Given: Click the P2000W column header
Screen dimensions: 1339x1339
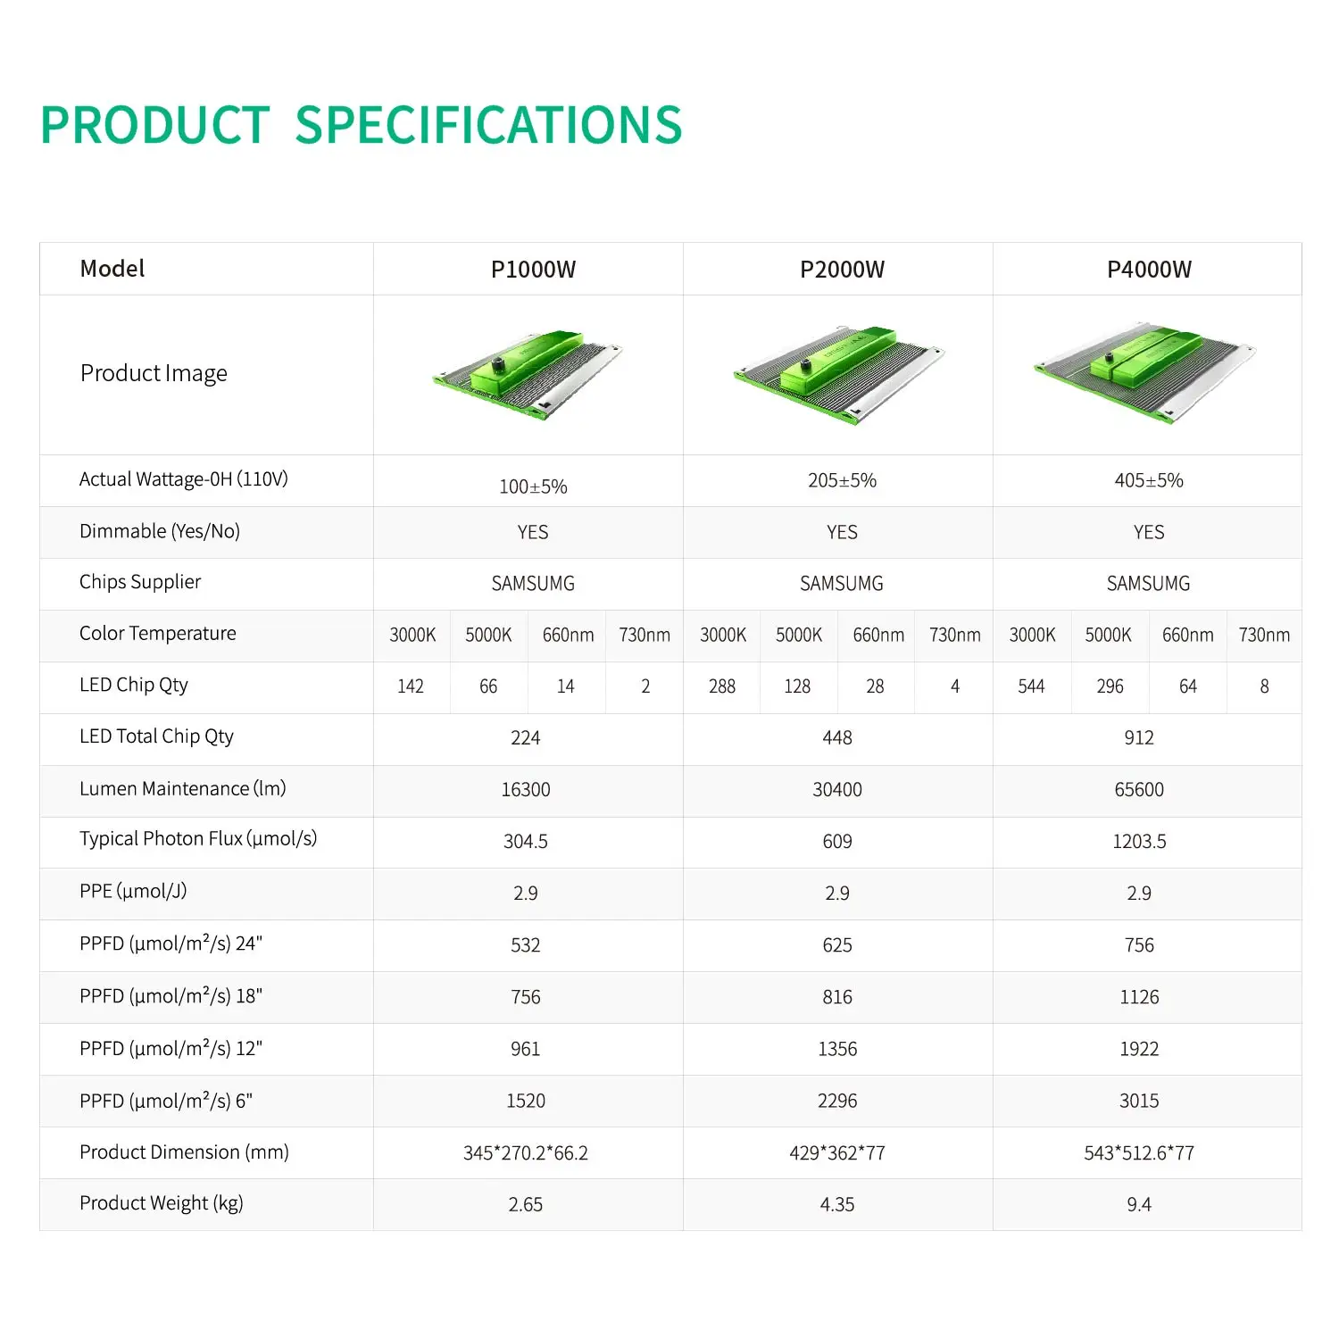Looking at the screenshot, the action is pos(842,270).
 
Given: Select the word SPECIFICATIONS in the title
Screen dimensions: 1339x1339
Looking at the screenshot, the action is pos(488,125).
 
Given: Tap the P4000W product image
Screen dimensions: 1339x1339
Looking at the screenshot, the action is pos(1145,371).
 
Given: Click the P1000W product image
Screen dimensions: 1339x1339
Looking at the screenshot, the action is pos(528,375).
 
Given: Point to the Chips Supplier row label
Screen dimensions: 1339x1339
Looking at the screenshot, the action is pos(140,582).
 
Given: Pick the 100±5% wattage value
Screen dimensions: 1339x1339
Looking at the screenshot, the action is pos(533,487).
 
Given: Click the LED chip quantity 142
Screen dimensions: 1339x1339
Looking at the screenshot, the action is pos(411,686).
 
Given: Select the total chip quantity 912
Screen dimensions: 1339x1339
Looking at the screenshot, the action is pos(1139,738).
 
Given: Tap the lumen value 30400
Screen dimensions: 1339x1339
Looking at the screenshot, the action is pos(837,790).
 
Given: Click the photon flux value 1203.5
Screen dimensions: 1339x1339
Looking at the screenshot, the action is pos(1139,842).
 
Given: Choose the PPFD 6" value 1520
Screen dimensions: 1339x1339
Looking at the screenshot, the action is pos(526,1102).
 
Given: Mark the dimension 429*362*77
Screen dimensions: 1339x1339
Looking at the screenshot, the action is pos(837,1153).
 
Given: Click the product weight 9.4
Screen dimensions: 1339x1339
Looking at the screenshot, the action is pos(1139,1205).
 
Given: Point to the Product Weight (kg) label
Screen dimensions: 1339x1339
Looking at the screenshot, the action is pos(162,1203).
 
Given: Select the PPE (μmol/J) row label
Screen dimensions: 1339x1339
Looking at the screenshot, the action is pos(133,892).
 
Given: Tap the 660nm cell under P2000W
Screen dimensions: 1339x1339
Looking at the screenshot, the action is pos(878,636).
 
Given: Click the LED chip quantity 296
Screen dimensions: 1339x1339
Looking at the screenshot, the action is pos(1110,686).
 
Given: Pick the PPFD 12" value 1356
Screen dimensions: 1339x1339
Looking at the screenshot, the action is pos(837,1050).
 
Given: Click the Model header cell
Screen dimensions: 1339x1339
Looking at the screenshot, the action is pos(112,269).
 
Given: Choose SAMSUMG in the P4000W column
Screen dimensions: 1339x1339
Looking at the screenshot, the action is pos(1149,584).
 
